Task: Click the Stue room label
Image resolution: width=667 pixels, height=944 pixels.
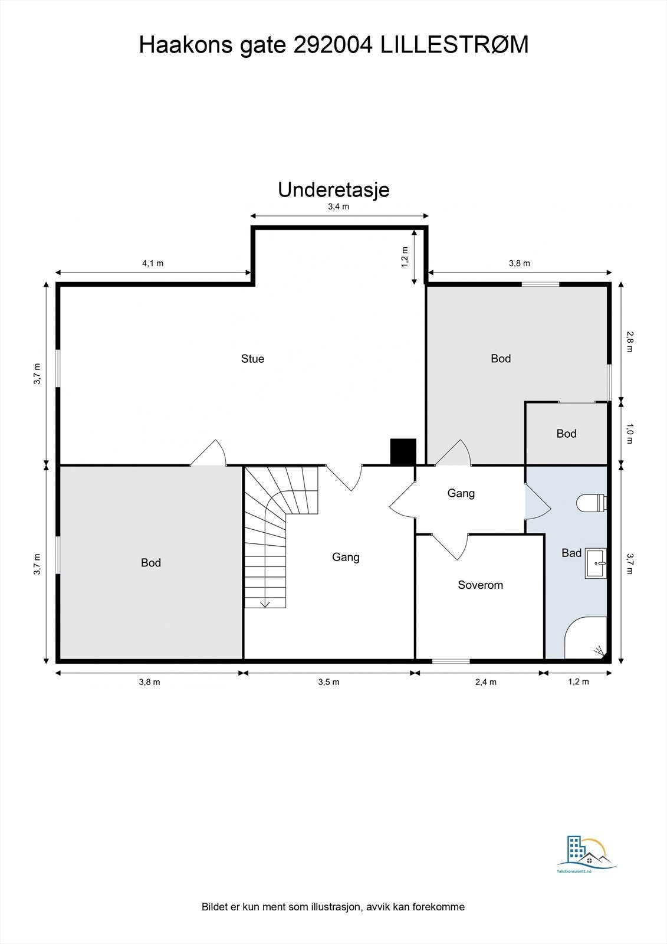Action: [x=252, y=359]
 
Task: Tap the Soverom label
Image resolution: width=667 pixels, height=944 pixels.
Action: [x=480, y=585]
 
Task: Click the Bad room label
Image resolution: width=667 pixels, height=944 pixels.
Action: [x=571, y=553]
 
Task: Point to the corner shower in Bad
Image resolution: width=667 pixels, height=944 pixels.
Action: [x=586, y=640]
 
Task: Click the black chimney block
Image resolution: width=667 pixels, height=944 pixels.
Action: [x=403, y=451]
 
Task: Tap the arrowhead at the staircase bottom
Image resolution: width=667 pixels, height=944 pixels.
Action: [x=265, y=604]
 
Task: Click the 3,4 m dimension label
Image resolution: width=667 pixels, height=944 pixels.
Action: [x=339, y=206]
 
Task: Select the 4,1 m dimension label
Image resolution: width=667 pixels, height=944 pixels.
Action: [x=152, y=263]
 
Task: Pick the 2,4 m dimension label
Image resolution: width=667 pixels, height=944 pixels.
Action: [x=486, y=682]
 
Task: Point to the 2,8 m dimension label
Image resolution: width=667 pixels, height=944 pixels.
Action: [x=629, y=341]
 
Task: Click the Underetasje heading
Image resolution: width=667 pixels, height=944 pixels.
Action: [x=333, y=190]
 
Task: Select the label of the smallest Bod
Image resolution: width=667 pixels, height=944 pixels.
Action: [x=566, y=434]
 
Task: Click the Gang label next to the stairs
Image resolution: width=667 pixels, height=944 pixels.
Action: [x=346, y=557]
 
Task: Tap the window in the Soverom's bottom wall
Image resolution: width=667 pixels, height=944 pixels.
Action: [x=451, y=660]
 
